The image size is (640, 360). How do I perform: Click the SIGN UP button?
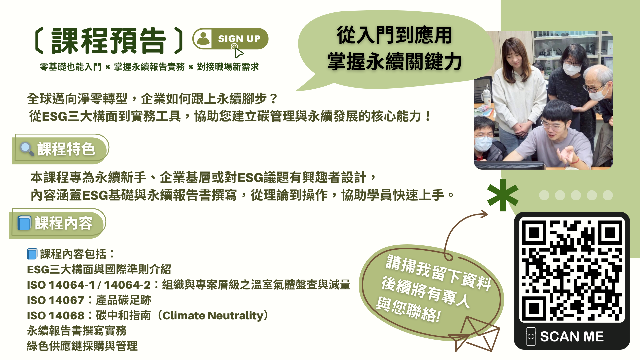[230, 39]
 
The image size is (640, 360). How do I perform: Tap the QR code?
[572, 270]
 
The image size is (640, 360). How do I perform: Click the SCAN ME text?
[572, 337]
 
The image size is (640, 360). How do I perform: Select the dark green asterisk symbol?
[503, 195]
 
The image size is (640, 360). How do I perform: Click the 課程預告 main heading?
[109, 41]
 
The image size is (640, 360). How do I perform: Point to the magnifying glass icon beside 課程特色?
[27, 149]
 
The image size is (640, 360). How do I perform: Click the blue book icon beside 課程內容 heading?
[24, 223]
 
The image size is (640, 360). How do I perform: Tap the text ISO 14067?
[56, 300]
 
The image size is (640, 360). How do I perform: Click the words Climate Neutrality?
[213, 315]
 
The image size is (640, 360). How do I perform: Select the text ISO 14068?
[56, 316]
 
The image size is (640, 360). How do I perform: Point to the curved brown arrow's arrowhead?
[483, 214]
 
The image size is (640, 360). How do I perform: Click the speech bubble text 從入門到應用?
[394, 35]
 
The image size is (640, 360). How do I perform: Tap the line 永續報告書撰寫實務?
[77, 331]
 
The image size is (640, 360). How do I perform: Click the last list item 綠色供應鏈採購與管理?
[82, 346]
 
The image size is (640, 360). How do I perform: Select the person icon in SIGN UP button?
[203, 39]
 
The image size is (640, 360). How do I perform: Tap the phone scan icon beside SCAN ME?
[531, 336]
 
